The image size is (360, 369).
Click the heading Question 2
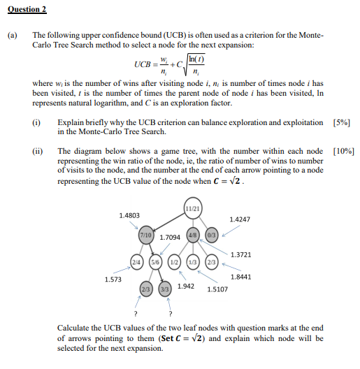[27, 9]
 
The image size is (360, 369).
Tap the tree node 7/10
[147, 236]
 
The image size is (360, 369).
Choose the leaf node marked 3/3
[165, 289]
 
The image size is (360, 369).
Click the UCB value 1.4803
[129, 215]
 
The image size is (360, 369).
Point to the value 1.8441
[240, 277]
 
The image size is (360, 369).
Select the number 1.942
[186, 286]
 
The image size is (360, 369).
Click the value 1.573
[113, 279]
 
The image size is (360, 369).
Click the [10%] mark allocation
[343, 150]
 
